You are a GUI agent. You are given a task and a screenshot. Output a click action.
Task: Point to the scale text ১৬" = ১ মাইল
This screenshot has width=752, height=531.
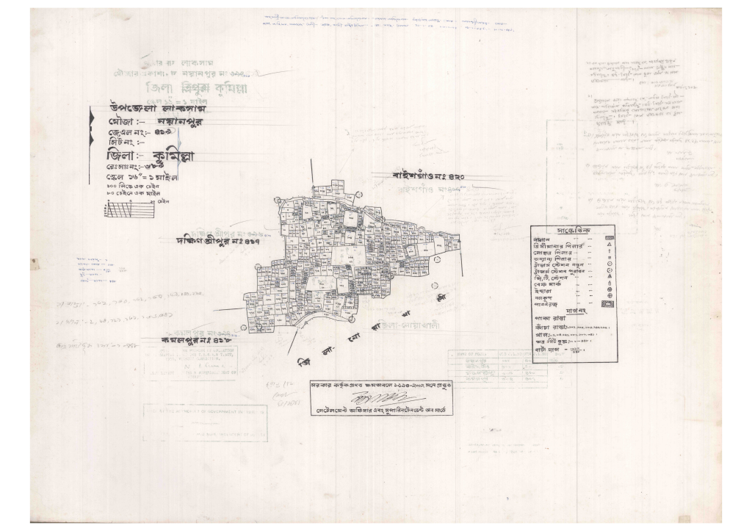(x=143, y=177)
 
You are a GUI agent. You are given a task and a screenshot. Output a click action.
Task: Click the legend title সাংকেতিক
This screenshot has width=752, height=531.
(x=574, y=231)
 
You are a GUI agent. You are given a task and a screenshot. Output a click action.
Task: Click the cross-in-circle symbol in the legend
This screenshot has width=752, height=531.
(x=610, y=295)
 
